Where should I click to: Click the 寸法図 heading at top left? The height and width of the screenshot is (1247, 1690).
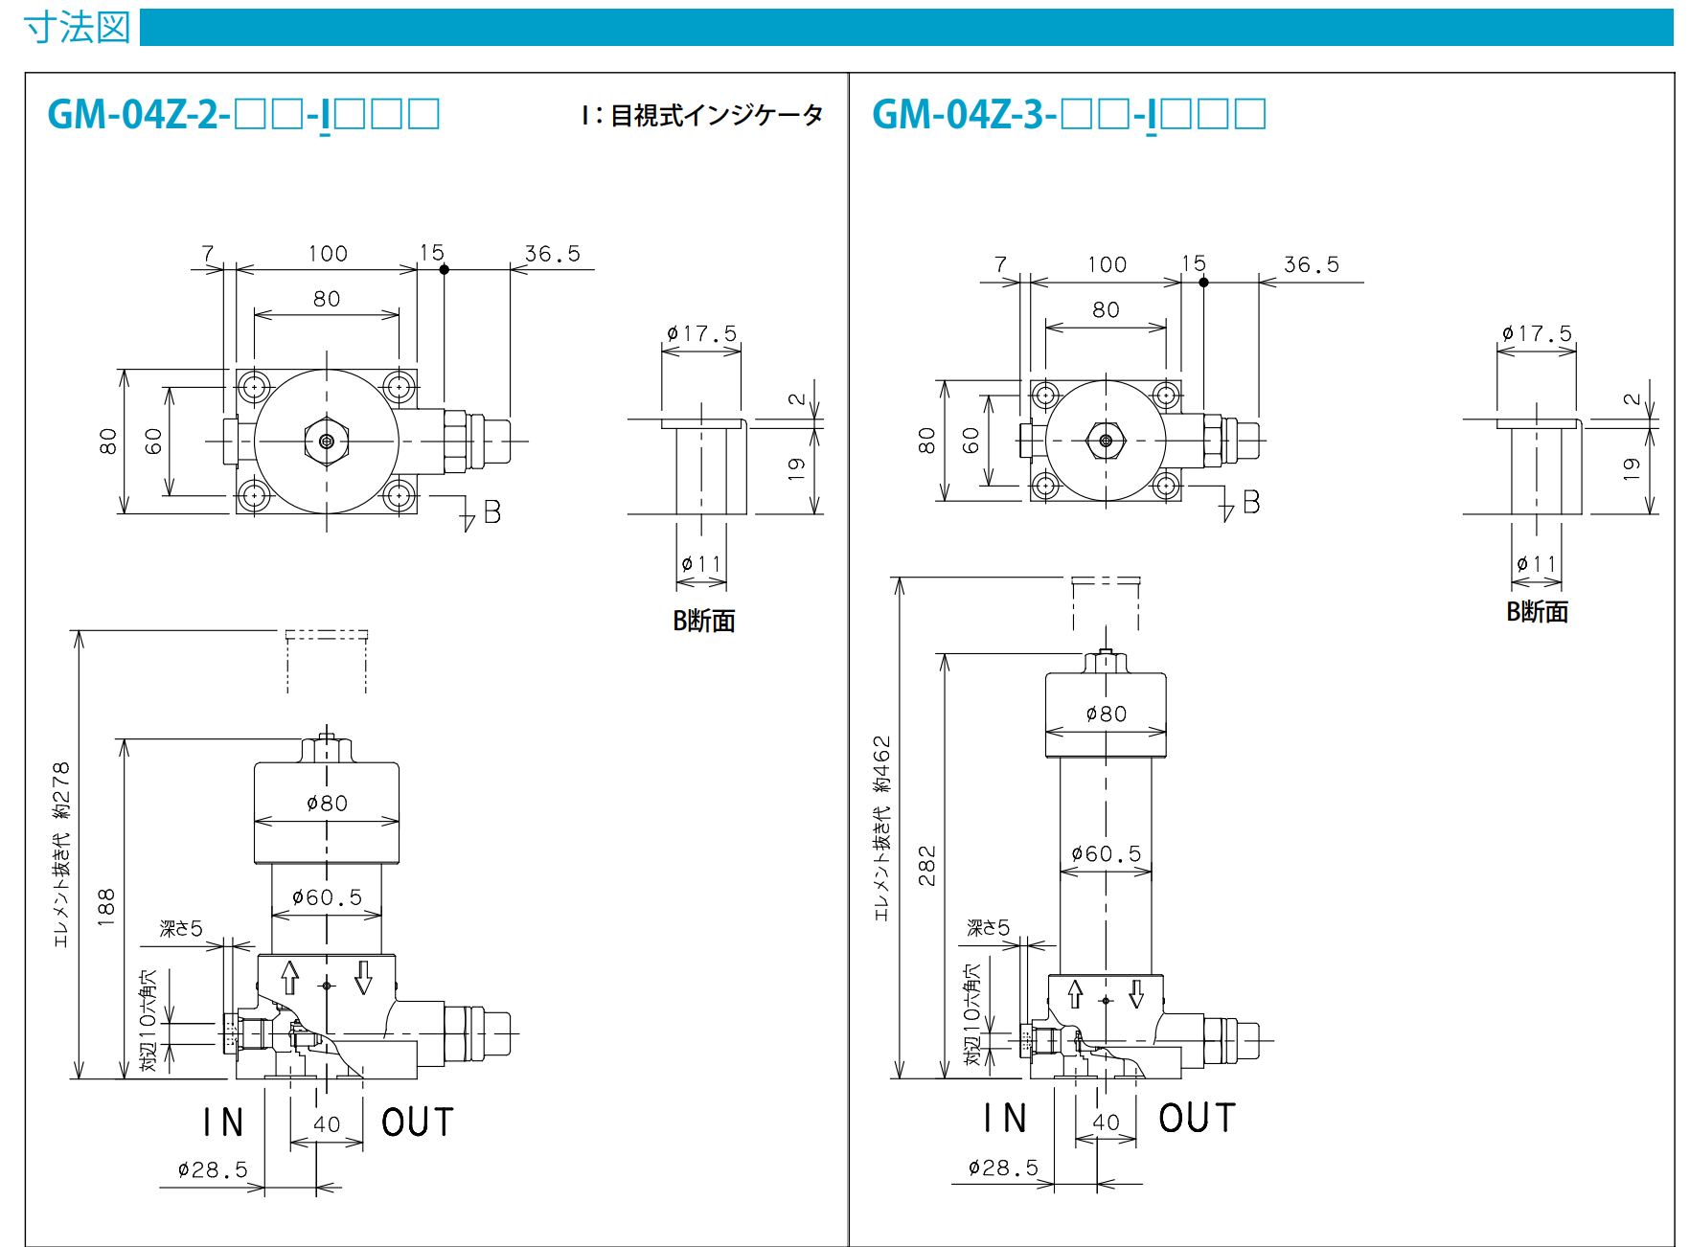pyautogui.click(x=77, y=27)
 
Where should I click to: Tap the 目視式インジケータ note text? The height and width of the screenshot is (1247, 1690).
pyautogui.click(x=717, y=116)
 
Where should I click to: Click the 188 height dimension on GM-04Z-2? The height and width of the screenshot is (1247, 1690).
pyautogui.click(x=105, y=907)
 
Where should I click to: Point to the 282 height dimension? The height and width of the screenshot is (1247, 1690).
pyautogui.click(x=926, y=866)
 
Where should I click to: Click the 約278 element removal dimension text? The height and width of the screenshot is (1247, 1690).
pyautogui.click(x=61, y=790)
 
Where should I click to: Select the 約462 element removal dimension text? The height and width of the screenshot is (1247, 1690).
pyautogui.click(x=881, y=764)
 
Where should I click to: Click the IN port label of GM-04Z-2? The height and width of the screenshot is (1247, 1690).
pyautogui.click(x=223, y=1122)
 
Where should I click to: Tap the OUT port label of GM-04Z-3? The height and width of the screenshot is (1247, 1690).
pyautogui.click(x=1198, y=1118)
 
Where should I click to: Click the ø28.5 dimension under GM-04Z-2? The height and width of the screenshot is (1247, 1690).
pyautogui.click(x=213, y=1169)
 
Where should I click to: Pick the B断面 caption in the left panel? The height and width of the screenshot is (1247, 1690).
pyautogui.click(x=704, y=621)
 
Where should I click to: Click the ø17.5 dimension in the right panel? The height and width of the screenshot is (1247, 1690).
pyautogui.click(x=1537, y=333)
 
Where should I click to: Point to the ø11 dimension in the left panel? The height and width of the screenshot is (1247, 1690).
pyautogui.click(x=701, y=564)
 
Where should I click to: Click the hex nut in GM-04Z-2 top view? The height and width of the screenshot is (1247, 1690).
pyautogui.click(x=327, y=442)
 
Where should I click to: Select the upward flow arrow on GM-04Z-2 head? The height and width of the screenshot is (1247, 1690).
pyautogui.click(x=290, y=978)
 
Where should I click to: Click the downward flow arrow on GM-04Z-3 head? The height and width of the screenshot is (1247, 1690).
pyautogui.click(x=1136, y=993)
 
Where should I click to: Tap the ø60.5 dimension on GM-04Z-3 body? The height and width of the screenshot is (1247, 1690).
pyautogui.click(x=1107, y=853)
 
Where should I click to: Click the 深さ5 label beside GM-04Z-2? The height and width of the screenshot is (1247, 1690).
pyautogui.click(x=181, y=928)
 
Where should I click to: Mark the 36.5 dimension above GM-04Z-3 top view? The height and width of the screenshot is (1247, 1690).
pyautogui.click(x=1312, y=264)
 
